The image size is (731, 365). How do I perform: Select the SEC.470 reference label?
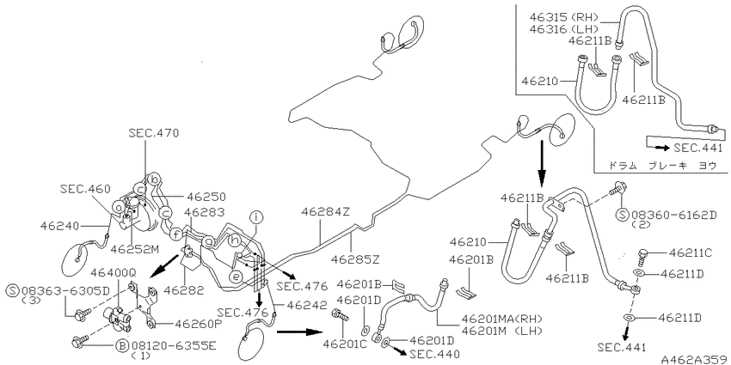point(153,133)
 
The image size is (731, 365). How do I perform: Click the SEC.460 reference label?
point(85,189)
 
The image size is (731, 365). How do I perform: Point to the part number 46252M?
point(135,249)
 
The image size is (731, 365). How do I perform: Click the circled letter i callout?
point(256,217)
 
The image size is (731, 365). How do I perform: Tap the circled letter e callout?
point(236,277)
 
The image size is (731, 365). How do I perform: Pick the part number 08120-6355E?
point(171,346)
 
